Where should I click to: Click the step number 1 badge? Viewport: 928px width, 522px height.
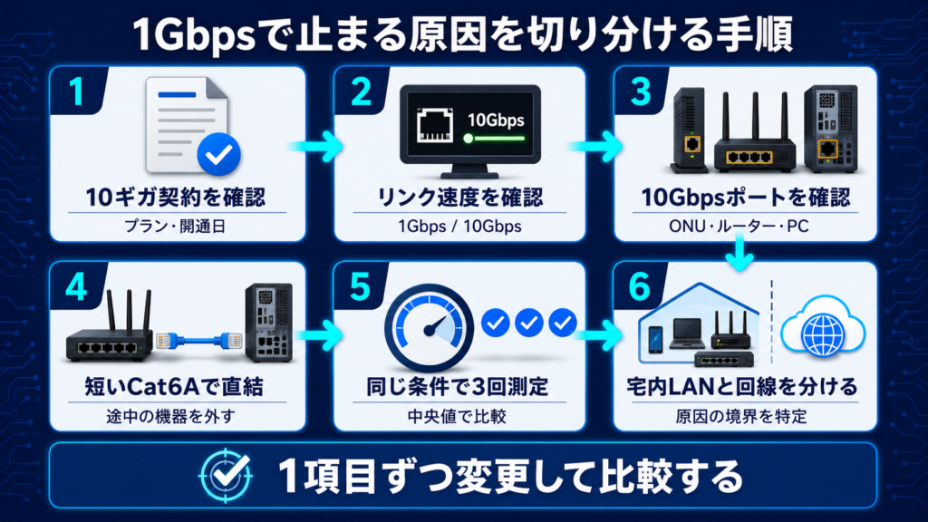76,92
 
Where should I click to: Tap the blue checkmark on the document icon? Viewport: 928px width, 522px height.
219,154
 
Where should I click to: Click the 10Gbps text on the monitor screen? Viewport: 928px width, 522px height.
496,121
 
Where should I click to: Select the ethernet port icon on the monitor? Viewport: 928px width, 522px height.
435,124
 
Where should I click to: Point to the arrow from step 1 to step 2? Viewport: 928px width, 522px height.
314,146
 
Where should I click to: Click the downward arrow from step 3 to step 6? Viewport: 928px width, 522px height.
739,253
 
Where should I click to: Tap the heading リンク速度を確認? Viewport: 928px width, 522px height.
459,197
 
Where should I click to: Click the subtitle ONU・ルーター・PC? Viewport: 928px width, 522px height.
739,226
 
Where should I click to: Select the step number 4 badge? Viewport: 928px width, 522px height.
76,287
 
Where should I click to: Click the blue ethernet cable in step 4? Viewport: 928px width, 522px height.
198,341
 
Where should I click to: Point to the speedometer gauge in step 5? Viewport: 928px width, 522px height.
429,328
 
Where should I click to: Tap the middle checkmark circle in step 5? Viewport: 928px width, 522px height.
528,323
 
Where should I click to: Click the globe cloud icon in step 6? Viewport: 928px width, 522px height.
823,331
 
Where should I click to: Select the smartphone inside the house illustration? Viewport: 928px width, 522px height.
656,340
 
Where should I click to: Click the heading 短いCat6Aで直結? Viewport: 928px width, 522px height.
173,387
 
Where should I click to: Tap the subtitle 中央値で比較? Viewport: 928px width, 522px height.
457,417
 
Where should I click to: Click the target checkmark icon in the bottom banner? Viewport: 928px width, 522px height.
226,475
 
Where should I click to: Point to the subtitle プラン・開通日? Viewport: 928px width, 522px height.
175,226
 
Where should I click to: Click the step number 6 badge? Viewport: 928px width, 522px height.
640,287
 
